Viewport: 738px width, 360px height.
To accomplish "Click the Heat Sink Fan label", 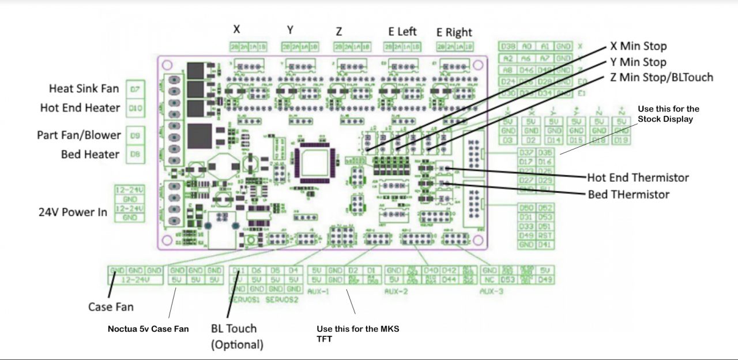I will [84, 88].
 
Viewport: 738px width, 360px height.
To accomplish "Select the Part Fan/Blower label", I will [79, 135].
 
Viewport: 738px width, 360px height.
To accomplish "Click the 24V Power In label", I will [73, 212].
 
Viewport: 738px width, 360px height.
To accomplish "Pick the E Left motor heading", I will [402, 31].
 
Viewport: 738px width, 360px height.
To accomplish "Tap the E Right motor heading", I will [454, 32].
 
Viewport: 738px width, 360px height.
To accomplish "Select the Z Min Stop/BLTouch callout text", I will [661, 77].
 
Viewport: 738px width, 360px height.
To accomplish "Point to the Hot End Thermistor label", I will [638, 177].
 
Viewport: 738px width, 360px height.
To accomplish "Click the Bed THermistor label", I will [628, 194].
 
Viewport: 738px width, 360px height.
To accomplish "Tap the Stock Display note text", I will [668, 114].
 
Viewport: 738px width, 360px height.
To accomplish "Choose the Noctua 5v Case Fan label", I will [148, 329].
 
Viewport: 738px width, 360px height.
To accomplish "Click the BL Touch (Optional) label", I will [236, 336].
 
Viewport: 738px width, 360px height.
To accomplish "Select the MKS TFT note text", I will [357, 334].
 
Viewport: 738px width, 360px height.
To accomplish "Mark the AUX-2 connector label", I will [396, 292].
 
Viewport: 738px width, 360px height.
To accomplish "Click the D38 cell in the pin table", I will [508, 46].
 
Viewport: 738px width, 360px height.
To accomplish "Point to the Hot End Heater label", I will [80, 108].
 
